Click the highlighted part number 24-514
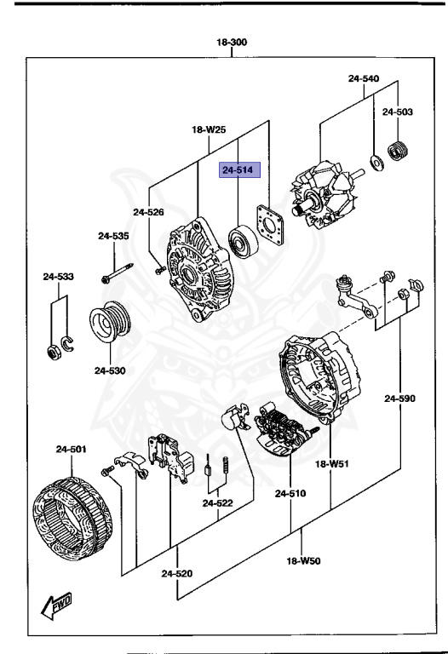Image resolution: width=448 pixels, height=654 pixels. click(x=238, y=171)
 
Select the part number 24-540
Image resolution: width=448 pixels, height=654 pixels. click(x=364, y=78)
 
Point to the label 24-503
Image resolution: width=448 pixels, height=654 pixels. click(x=398, y=112)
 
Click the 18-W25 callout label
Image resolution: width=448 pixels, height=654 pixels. click(x=210, y=130)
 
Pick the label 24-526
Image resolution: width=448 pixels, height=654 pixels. click(x=148, y=212)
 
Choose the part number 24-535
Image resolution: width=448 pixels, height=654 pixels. click(x=113, y=236)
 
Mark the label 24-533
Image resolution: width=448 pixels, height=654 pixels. click(x=60, y=276)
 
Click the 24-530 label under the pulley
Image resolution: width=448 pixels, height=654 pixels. click(x=110, y=370)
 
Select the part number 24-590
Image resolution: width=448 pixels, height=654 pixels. click(x=400, y=398)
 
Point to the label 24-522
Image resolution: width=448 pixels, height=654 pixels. click(x=218, y=503)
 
